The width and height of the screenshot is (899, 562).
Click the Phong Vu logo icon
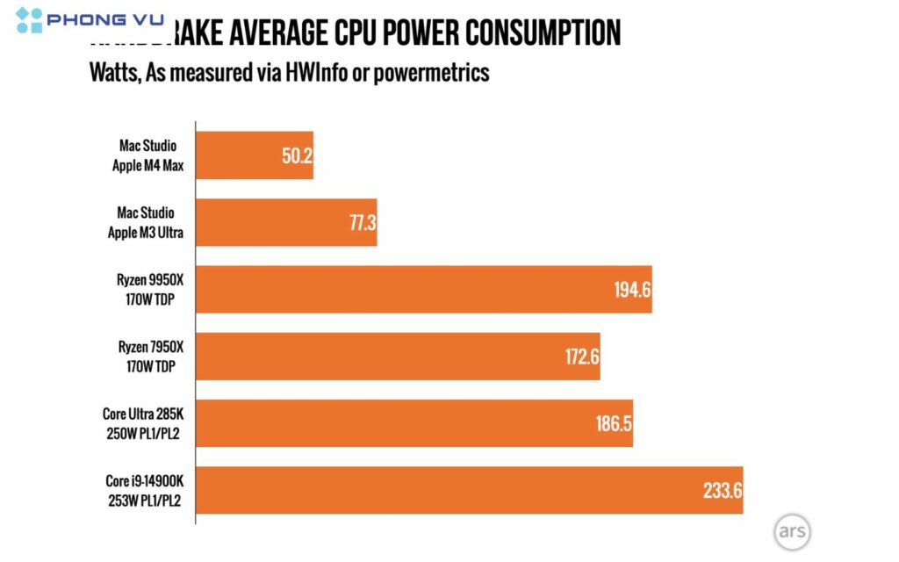pos(28,19)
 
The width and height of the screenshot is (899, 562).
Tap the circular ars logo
pos(792,532)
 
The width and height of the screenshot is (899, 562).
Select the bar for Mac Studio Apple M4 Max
pos(255,155)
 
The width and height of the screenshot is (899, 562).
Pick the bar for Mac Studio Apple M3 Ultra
pos(286,222)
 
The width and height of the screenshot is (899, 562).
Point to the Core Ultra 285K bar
pos(414,422)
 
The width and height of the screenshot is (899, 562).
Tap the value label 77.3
pos(362,223)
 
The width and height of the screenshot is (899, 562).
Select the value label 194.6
pos(632,290)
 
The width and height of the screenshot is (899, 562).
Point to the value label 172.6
pos(581,357)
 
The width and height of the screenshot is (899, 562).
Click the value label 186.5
pos(614,423)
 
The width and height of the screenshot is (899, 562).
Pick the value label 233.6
pos(723,491)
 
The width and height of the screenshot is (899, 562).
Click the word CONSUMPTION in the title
pos(543,33)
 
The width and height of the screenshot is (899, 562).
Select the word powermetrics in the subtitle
pos(431,73)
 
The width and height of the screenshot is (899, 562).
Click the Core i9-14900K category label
pos(145,491)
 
